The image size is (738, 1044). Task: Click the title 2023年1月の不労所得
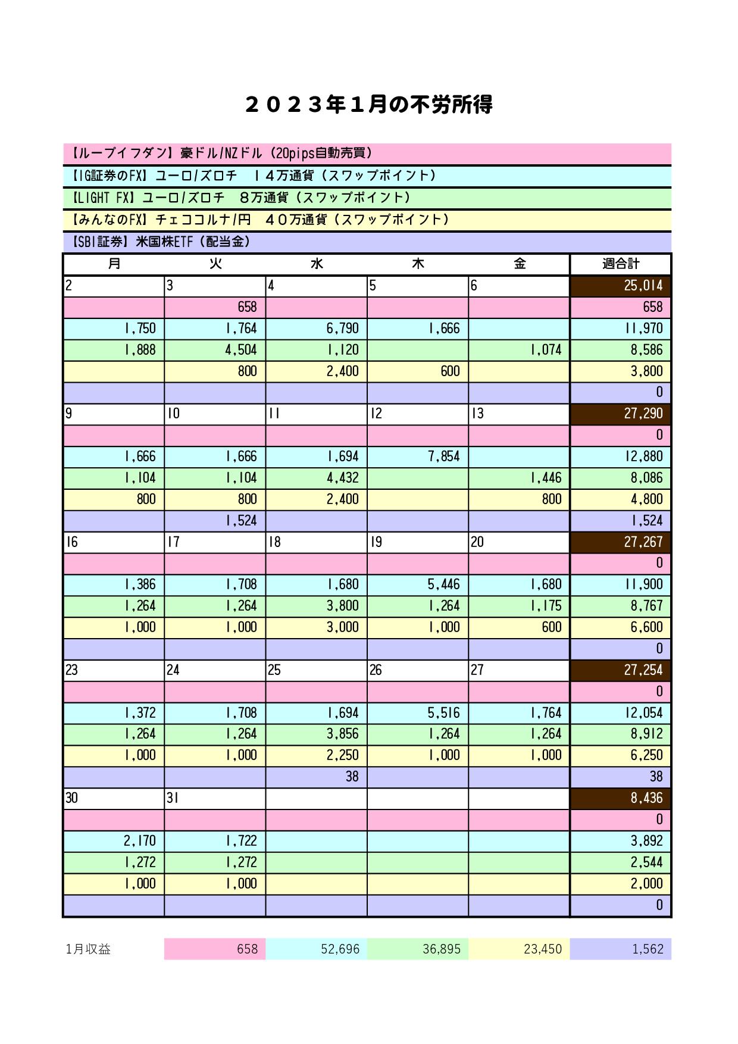pos(368,105)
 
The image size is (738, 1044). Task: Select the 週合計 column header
pos(620,264)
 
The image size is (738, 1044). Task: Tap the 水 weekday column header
pos(317,264)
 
